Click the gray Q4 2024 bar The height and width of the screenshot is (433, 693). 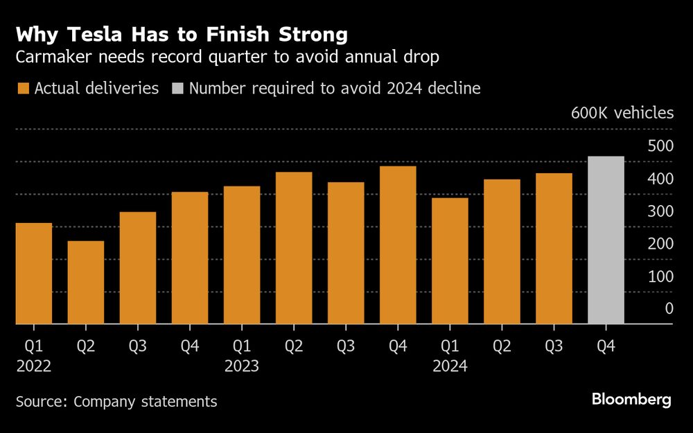(606, 240)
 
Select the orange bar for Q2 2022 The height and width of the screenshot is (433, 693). (86, 282)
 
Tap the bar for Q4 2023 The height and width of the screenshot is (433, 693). (398, 245)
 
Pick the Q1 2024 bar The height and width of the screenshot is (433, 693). (450, 260)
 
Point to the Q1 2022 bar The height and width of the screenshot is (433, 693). (34, 273)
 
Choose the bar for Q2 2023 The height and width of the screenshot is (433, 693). (294, 247)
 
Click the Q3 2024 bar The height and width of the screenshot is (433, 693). (554, 248)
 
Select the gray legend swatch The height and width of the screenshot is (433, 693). (177, 89)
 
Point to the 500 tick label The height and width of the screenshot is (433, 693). (660, 146)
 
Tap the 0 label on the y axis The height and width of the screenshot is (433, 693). (669, 309)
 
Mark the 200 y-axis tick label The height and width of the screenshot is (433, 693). (660, 244)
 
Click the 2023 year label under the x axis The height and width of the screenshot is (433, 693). (242, 366)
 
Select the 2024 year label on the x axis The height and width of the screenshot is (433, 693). (450, 366)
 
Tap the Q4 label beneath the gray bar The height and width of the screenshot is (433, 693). (605, 344)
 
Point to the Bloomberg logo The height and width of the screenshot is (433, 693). (631, 400)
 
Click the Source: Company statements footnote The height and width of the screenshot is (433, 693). (116, 401)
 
